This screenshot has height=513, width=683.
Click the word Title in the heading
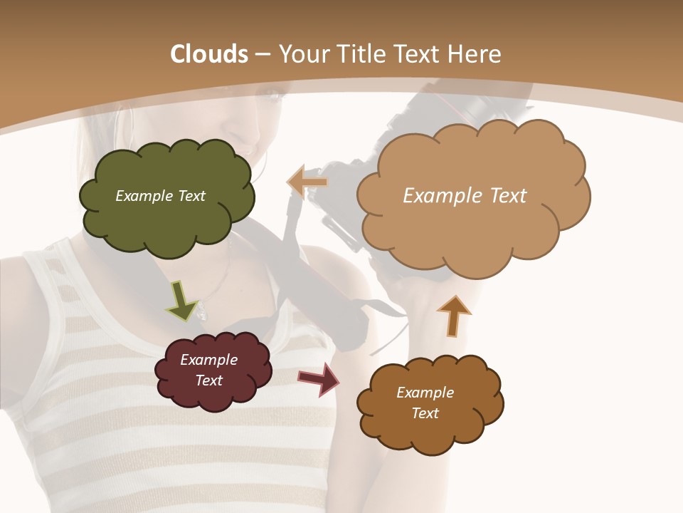[362, 54]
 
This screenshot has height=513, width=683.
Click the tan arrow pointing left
[307, 182]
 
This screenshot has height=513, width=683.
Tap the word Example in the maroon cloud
[208, 360]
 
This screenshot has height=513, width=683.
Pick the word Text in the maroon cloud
[208, 380]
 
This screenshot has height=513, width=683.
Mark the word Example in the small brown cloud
[425, 393]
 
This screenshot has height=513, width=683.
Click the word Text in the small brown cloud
[425, 413]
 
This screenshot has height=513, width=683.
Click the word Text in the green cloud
[191, 196]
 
